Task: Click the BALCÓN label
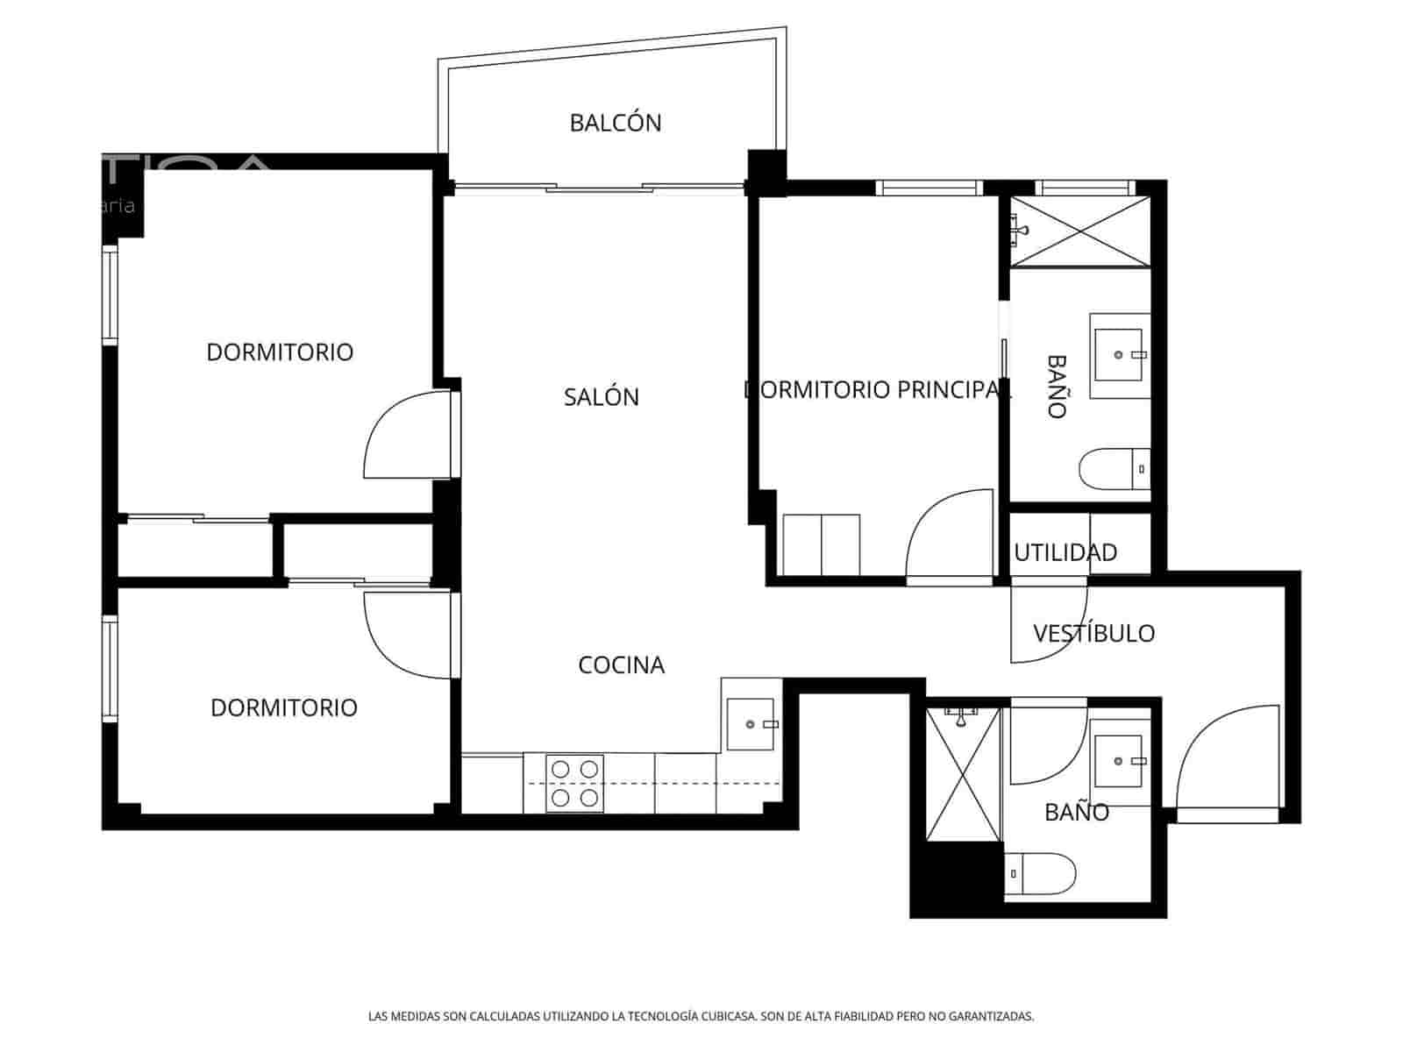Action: tap(616, 123)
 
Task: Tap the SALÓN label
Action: tap(602, 397)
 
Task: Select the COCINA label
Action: tap(621, 665)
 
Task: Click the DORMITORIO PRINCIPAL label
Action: tap(877, 389)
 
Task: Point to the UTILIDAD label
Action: tap(1065, 553)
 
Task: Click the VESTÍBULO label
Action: tap(1093, 633)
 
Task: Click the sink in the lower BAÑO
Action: tap(1120, 760)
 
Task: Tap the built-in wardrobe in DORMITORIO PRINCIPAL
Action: tap(821, 544)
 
